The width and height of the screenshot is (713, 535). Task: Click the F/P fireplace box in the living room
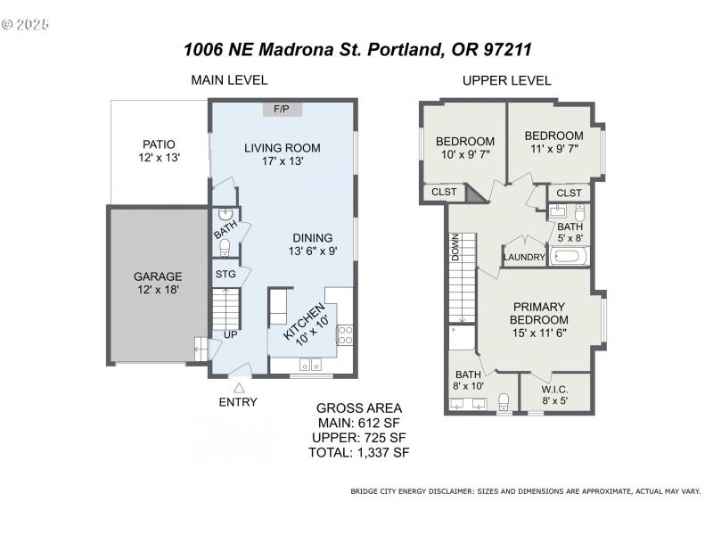281,109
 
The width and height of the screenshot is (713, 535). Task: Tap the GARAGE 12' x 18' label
158,283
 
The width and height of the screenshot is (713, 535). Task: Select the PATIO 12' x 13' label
160,151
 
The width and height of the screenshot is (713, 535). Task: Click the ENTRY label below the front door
238,402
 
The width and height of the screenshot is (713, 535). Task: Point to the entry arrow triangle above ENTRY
238,387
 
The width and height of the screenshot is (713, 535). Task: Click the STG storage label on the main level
225,274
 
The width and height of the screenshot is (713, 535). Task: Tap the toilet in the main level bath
225,247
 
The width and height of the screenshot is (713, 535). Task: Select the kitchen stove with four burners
343,335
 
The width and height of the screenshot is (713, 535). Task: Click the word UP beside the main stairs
230,334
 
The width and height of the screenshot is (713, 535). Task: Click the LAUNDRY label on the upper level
523,258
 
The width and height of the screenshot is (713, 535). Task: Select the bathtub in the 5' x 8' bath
568,258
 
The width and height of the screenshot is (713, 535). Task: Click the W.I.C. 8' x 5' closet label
555,396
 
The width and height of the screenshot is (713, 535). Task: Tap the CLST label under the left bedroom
444,192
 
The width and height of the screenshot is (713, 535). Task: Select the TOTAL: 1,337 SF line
361,452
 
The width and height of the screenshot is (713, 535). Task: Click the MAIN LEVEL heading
229,80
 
